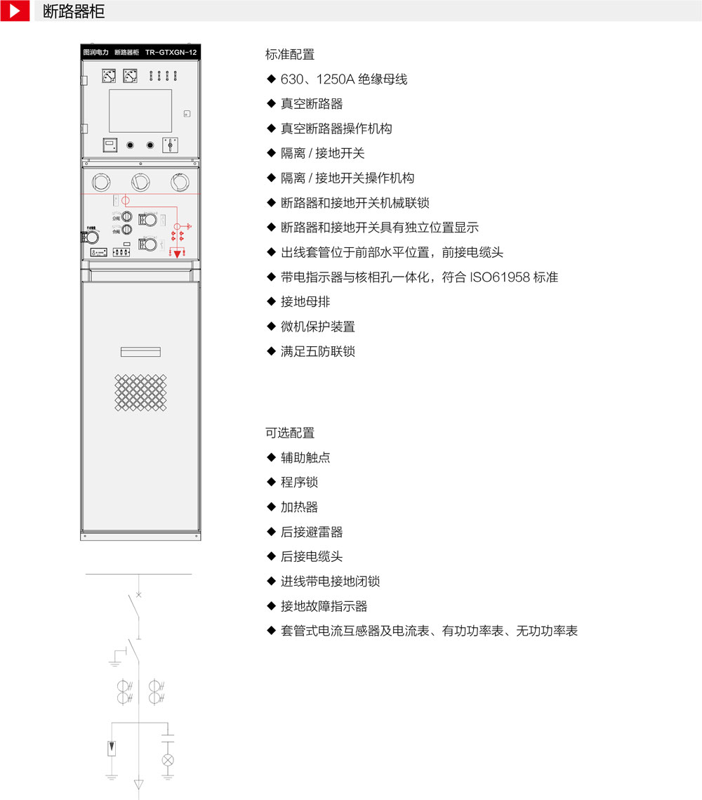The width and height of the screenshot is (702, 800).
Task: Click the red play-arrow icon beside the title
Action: [x=15, y=11]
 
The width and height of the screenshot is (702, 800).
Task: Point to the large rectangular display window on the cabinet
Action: [x=140, y=110]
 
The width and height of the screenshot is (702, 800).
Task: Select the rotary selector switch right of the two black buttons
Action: [x=168, y=145]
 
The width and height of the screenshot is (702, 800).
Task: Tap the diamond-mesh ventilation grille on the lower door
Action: [x=140, y=393]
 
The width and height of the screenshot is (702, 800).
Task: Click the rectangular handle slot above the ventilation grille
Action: [x=140, y=352]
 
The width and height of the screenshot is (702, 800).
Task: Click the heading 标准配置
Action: [x=290, y=55]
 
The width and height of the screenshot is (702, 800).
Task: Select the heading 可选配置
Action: [x=290, y=433]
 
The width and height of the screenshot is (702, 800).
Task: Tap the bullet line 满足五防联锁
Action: [x=318, y=351]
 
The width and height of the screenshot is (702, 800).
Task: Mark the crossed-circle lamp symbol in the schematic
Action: [x=168, y=760]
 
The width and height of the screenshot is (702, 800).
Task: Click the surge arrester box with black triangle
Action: [x=111, y=749]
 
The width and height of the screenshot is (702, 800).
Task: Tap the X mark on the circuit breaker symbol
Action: [x=138, y=595]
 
